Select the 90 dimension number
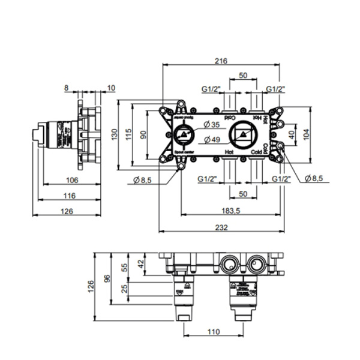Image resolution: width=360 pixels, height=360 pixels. (143, 136)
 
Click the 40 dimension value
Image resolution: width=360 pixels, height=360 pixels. (292, 134)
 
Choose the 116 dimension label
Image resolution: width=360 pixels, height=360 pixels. (69, 196)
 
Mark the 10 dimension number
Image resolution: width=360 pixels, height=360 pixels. (111, 88)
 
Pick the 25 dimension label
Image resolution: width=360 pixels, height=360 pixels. (125, 290)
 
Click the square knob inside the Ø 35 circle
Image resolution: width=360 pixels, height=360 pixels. (182, 134)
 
